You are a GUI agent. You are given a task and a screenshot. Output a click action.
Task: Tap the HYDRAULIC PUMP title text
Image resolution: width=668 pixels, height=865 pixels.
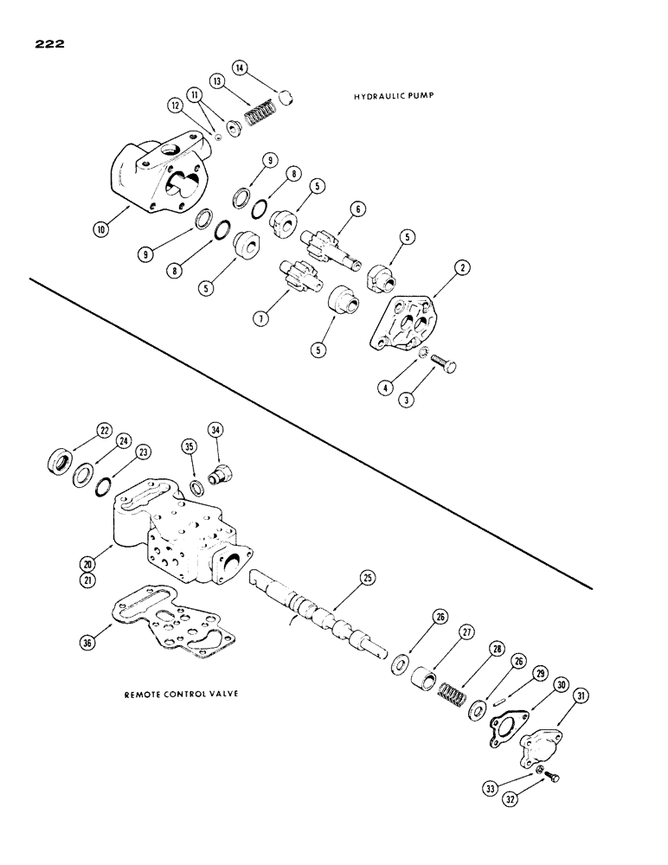pyautogui.click(x=393, y=97)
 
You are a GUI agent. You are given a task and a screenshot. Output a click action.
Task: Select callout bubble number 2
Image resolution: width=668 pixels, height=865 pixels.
pyautogui.click(x=464, y=268)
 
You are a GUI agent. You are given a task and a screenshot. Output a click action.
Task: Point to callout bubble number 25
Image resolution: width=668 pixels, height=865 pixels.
pyautogui.click(x=367, y=576)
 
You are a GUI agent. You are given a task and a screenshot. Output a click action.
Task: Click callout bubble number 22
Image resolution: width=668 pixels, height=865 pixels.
pyautogui.click(x=106, y=430)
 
